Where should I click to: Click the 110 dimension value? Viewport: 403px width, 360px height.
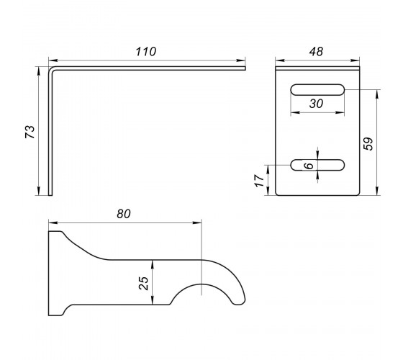pos(145,52)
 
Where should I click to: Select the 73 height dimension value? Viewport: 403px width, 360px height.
pos(30,132)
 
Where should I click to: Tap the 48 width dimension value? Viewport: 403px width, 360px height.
pos(316,52)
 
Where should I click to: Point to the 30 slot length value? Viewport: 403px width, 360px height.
pos(316,104)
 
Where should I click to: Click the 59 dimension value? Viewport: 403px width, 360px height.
pos(368,144)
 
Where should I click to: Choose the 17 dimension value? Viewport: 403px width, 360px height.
pos(260,181)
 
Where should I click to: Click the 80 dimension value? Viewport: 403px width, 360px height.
pos(124,214)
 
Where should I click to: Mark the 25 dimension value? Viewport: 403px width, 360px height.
pos(144,284)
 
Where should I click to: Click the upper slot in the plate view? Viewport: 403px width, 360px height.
pos(317,90)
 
